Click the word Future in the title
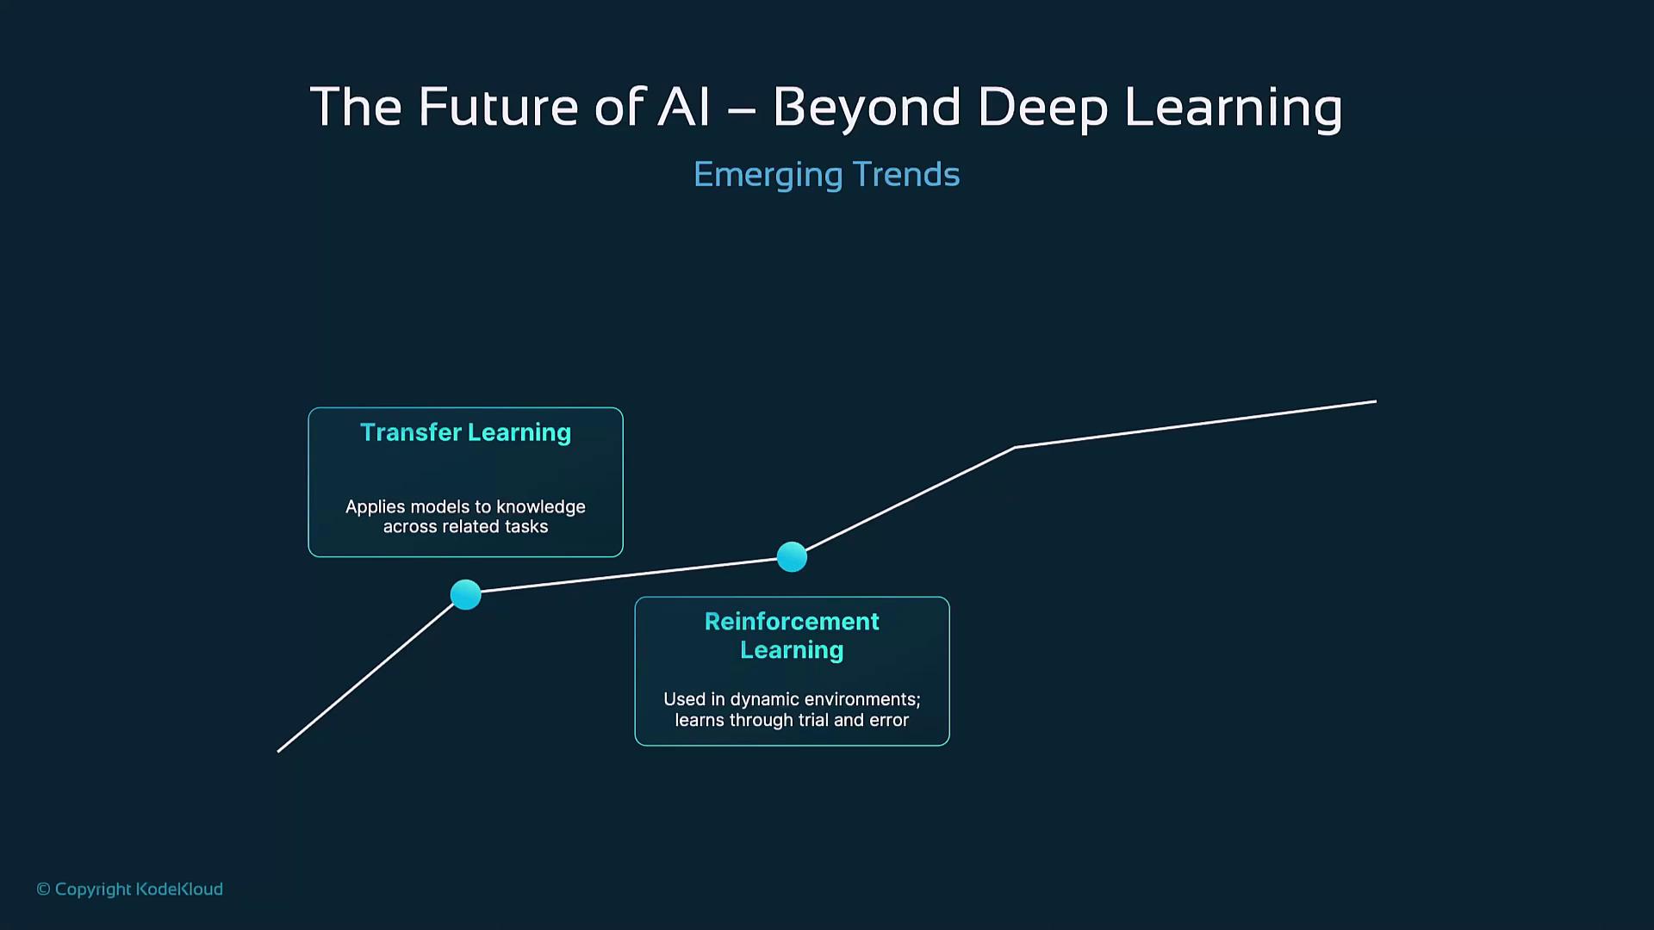click(x=497, y=107)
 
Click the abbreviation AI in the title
click(x=685, y=107)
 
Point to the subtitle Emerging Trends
click(x=826, y=175)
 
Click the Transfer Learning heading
click(x=465, y=432)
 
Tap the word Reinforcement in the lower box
click(x=792, y=621)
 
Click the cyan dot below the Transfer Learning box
click(x=466, y=595)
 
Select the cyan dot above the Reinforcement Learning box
click(x=792, y=557)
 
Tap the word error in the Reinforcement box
click(x=888, y=720)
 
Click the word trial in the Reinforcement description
click(x=814, y=720)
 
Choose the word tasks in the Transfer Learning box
click(x=526, y=526)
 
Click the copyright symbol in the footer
click(x=43, y=889)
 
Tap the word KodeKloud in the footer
click(x=179, y=889)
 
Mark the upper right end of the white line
click(x=1376, y=401)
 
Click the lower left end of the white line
click(x=278, y=752)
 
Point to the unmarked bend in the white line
click(x=1016, y=448)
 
